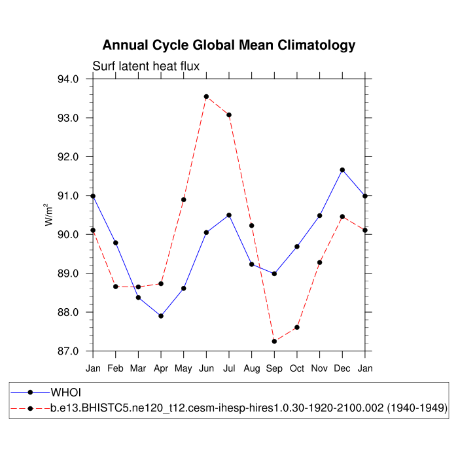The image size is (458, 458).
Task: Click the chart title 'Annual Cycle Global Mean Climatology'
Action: point(229,45)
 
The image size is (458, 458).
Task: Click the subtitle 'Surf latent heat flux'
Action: point(146,66)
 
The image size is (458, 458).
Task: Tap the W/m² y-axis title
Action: point(49,215)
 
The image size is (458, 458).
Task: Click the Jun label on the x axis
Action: point(206,368)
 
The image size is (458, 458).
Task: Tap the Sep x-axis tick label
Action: point(274,368)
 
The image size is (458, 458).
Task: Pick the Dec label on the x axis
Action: point(342,368)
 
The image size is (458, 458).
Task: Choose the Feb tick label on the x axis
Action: point(116,368)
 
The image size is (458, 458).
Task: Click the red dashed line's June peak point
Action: point(206,97)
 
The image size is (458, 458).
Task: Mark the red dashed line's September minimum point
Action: point(274,342)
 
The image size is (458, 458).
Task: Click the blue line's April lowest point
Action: point(161,316)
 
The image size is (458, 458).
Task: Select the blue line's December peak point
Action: point(342,170)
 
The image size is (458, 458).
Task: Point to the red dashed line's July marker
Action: point(229,115)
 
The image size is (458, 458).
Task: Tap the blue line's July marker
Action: point(229,215)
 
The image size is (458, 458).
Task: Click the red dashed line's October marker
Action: point(297,327)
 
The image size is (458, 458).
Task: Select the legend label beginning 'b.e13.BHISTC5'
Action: point(249,408)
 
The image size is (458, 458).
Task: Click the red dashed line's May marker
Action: point(184,200)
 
